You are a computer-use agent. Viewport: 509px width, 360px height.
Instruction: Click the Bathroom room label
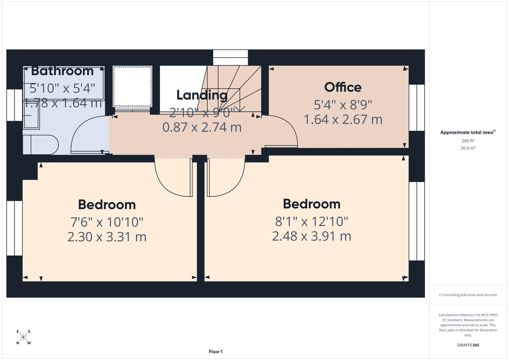pos(62,71)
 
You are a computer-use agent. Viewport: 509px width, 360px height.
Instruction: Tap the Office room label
pos(343,87)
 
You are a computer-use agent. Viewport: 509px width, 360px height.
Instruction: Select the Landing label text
pos(202,95)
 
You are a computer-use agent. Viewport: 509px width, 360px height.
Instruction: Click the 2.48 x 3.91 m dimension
pos(311,236)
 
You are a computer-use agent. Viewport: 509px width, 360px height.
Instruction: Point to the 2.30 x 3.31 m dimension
pos(107,237)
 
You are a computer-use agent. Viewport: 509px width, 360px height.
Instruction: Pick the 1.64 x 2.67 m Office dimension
pos(343,120)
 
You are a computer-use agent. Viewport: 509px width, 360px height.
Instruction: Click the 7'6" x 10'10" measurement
pos(107,221)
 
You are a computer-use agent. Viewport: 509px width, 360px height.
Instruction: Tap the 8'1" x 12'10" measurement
pos(311,221)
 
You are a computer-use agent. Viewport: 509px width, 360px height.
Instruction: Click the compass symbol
pos(23,337)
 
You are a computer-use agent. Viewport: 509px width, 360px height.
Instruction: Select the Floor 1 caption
pos(215,352)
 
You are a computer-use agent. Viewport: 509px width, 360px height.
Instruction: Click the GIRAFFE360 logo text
pos(468,345)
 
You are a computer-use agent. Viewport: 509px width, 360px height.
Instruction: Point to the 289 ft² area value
pos(468,140)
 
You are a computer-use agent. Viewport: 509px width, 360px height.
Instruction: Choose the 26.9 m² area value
pos(468,148)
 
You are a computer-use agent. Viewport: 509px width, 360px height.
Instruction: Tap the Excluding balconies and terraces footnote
pos(468,295)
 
